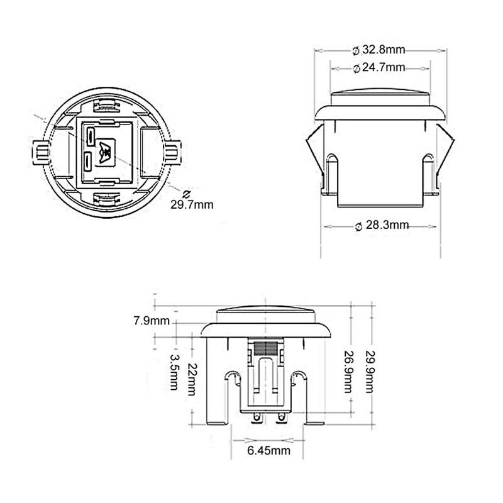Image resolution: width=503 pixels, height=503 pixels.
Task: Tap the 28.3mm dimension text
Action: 385,224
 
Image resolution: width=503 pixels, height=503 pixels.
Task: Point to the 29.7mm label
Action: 191,203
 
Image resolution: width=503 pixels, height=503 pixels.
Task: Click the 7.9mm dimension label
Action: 152,321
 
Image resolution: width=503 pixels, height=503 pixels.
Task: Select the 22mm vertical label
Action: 192,379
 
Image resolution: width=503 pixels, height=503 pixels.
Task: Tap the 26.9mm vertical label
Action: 348,371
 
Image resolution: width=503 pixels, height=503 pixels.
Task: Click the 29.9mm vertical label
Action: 371,371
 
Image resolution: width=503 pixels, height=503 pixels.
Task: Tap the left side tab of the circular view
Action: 40,151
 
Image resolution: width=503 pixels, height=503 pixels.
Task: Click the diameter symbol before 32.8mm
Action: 356,50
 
